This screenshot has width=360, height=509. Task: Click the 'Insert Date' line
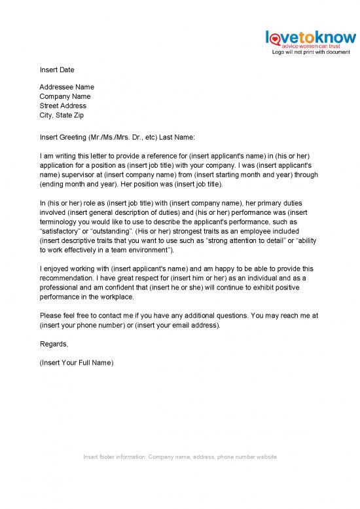point(57,70)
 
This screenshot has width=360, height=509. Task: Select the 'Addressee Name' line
point(67,87)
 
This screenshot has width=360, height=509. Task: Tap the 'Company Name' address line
point(65,96)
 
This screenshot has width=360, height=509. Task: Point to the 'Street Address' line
point(63,105)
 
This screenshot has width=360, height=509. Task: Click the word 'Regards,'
point(54,344)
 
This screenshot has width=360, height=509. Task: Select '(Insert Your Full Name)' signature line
point(77,363)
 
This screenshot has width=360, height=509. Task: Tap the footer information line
point(180,457)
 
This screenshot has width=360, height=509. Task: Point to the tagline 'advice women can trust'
point(312,47)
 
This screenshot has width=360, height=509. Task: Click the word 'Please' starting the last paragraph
point(50,315)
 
